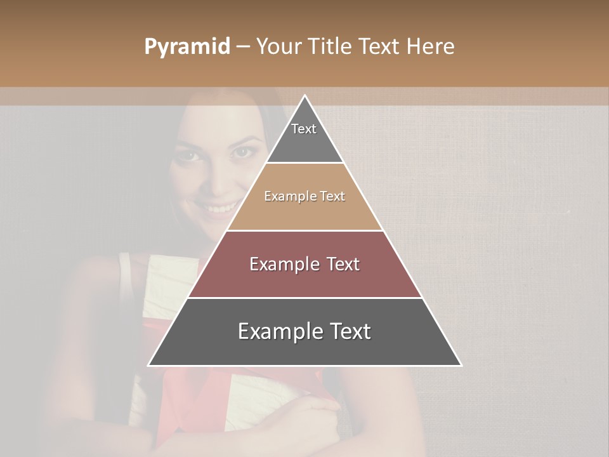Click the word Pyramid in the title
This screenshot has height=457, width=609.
tap(187, 47)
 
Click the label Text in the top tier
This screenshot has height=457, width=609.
tap(304, 129)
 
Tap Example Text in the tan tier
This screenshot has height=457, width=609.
tap(304, 196)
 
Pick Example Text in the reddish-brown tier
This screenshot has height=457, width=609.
tap(304, 264)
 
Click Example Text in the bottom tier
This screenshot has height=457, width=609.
tap(304, 331)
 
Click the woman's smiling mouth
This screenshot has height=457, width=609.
tap(219, 208)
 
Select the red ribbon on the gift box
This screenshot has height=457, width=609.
tap(190, 394)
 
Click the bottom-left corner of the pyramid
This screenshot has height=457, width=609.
tap(149, 365)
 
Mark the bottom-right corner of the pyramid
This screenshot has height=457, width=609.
tap(461, 365)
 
